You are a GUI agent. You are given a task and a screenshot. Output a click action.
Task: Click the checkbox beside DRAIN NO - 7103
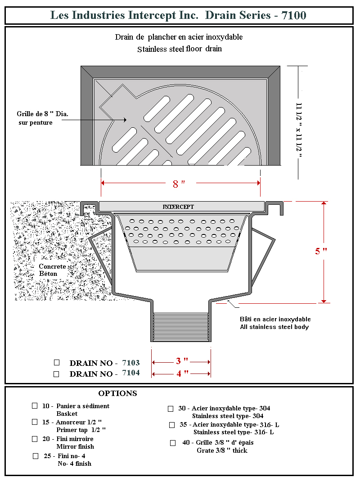(x=57, y=362)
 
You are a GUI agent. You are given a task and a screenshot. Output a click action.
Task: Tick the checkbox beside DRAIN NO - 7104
(x=56, y=373)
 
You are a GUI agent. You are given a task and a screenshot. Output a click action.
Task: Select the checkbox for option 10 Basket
(x=35, y=405)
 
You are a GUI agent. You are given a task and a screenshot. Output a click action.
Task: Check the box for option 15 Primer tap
(x=35, y=422)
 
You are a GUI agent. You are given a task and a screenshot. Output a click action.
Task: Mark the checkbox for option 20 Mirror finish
(x=35, y=439)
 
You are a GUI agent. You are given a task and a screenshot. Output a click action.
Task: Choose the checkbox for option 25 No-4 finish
(x=36, y=456)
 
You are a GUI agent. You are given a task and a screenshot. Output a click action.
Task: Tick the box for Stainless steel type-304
(x=171, y=409)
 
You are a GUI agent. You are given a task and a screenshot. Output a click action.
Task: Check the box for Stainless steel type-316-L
(x=172, y=425)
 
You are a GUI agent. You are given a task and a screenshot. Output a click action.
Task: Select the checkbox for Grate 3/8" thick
(x=173, y=443)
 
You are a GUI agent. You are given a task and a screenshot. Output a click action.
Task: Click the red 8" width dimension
(x=179, y=184)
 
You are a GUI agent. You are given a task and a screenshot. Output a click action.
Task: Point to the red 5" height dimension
(x=320, y=251)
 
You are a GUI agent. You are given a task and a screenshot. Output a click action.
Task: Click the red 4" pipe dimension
(x=182, y=373)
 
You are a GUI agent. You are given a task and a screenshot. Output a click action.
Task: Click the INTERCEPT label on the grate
(x=178, y=207)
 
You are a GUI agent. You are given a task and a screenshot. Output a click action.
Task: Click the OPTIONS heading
(x=117, y=393)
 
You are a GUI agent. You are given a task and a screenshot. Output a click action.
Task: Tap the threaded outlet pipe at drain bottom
(x=180, y=327)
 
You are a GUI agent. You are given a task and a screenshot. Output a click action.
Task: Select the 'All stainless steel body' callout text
(x=274, y=327)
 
